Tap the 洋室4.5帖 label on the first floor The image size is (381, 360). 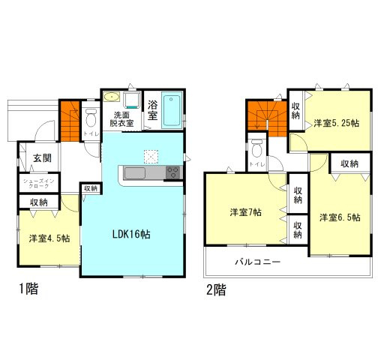tap(50, 238)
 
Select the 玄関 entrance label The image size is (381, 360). tap(42, 158)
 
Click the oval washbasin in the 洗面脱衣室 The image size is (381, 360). tap(112, 96)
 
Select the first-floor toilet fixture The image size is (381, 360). tap(91, 116)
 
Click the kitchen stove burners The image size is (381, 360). tap(172, 172)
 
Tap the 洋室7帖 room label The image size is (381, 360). tap(245, 212)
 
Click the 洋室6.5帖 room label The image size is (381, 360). tap(340, 217)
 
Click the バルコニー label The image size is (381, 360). tap(256, 263)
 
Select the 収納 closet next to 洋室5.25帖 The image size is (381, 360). tap(296, 112)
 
